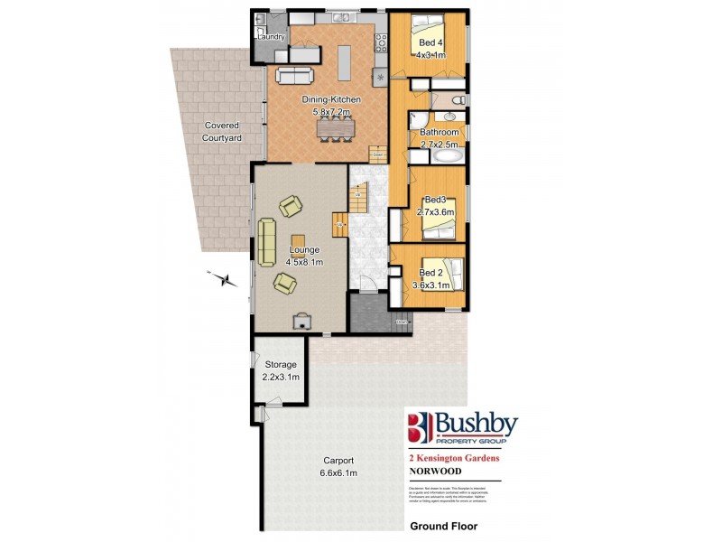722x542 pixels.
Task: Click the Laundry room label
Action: pos(271,37)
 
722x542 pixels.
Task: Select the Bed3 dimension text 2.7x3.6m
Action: pos(436,211)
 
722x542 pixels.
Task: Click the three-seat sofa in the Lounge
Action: pos(267,242)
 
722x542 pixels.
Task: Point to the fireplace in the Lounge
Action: pos(300,319)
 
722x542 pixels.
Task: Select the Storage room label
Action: pos(280,364)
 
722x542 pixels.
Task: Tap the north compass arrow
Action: pos(219,277)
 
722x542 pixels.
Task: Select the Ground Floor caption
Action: pos(443,525)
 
